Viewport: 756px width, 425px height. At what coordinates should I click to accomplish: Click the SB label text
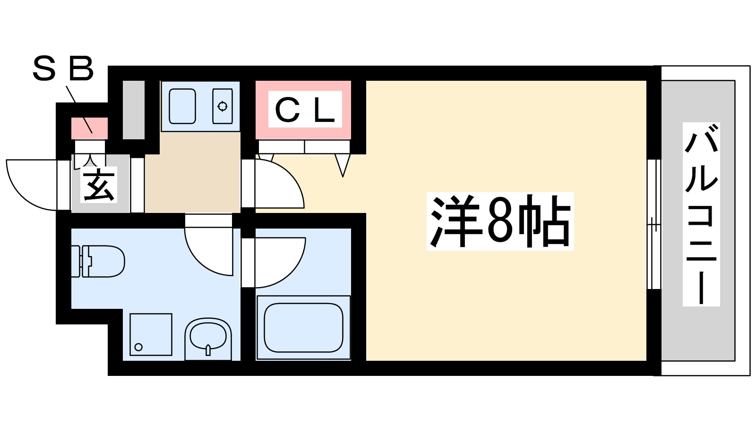[63, 69]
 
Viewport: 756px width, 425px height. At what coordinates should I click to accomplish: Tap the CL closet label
[305, 110]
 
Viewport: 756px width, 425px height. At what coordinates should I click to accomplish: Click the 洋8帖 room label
[500, 221]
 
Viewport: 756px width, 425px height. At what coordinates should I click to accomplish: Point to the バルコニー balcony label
[701, 214]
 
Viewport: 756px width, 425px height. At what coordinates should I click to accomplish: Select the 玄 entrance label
[99, 185]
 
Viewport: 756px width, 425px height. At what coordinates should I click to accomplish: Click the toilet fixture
[98, 261]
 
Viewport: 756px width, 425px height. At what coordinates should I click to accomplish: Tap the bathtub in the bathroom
[303, 327]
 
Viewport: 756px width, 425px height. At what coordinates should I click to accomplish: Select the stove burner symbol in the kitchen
[223, 106]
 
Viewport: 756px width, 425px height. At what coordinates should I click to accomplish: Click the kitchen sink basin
[182, 106]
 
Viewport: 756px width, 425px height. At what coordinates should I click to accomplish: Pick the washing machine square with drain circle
[151, 334]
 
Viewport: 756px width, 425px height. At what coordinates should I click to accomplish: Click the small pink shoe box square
[89, 128]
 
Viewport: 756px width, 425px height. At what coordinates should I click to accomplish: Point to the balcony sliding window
[654, 224]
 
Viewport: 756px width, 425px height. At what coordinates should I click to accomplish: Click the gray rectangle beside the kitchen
[134, 110]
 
